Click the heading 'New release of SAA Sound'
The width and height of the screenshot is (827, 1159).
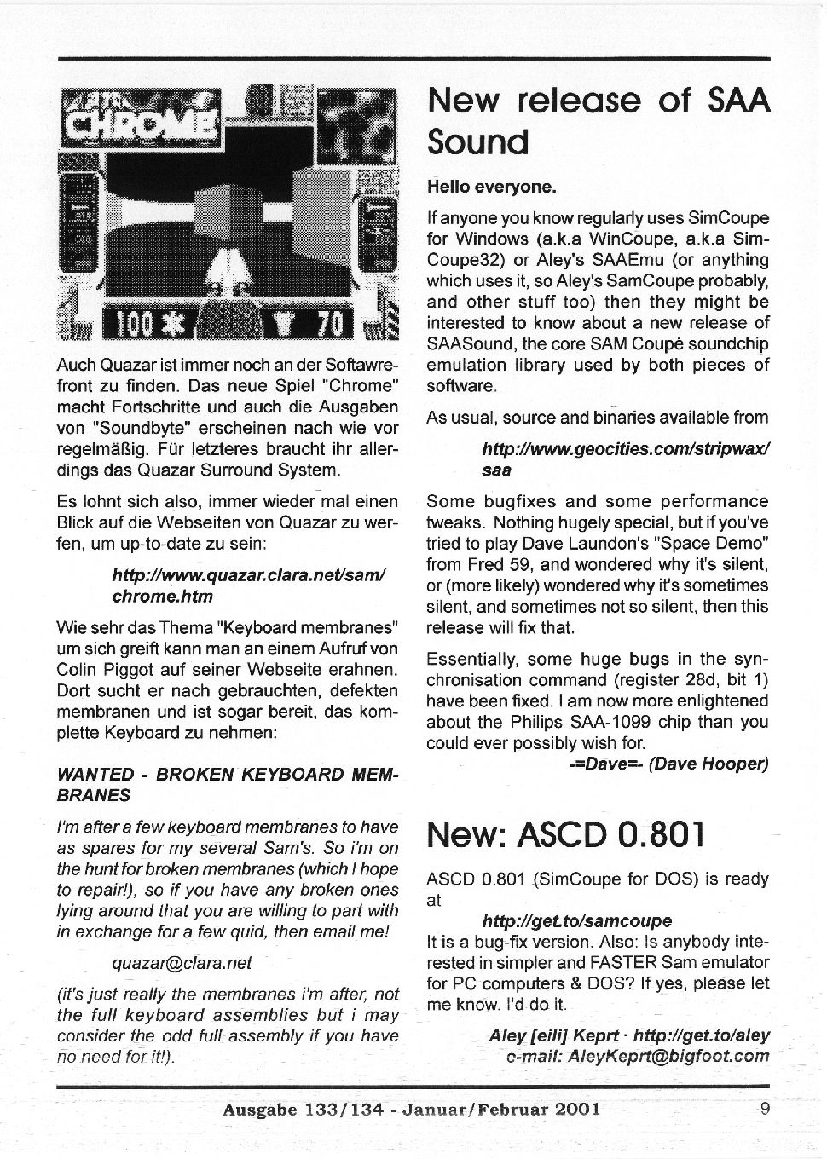point(598,120)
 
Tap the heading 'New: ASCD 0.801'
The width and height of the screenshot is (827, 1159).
point(566,834)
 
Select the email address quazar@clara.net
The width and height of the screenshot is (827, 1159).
point(182,963)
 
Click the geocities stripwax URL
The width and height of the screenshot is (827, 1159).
point(626,458)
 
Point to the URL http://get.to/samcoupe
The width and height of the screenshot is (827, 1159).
point(576,920)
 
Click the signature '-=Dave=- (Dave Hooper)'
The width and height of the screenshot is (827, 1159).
point(668,764)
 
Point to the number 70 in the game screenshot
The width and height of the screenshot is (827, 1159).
point(330,325)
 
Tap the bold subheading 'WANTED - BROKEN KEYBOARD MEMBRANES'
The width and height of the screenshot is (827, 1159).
point(226,784)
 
